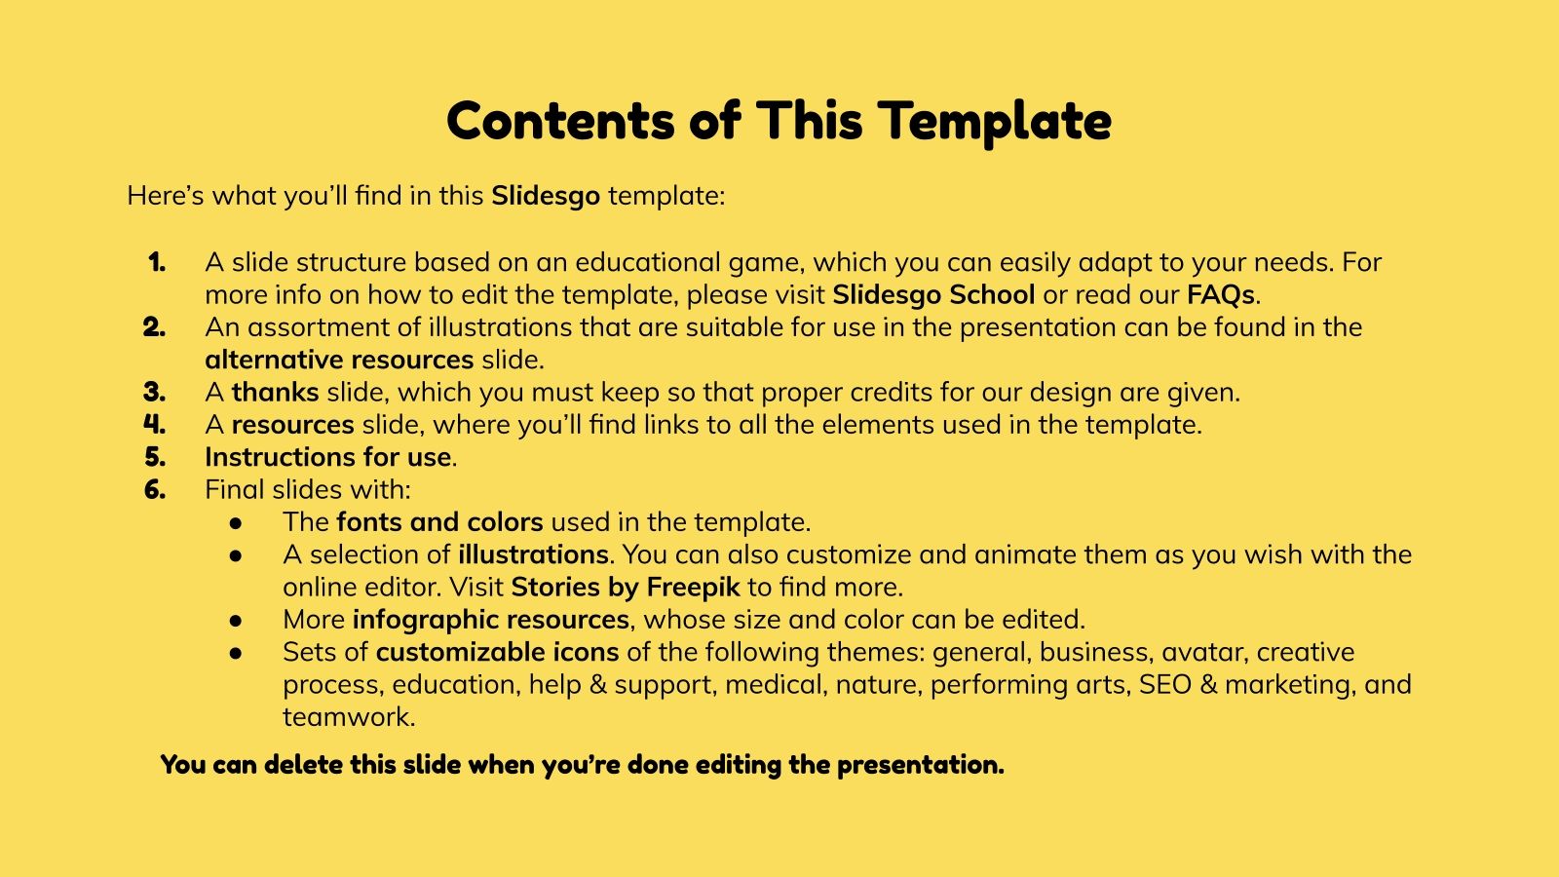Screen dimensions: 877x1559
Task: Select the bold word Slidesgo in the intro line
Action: coord(546,196)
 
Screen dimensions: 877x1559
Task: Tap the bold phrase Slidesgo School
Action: coord(933,294)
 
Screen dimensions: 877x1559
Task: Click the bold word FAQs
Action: coord(1221,294)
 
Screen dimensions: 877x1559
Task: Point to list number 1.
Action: coord(157,262)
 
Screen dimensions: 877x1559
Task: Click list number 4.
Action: coord(155,425)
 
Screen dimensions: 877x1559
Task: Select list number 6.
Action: coord(155,489)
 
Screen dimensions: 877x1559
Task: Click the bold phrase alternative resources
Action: coord(339,360)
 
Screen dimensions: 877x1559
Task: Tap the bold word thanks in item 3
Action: coord(275,393)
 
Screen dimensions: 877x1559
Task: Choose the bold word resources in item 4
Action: coord(292,425)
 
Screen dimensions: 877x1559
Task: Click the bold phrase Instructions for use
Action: coord(328,457)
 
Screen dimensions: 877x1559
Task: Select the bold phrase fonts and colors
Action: coord(439,522)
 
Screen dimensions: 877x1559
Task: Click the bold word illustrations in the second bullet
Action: coord(533,554)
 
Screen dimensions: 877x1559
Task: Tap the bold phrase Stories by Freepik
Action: coord(626,587)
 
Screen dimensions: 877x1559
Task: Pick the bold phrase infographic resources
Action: coord(490,620)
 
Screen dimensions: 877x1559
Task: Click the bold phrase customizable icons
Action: coord(497,652)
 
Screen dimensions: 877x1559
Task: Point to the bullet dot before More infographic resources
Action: coord(236,621)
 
